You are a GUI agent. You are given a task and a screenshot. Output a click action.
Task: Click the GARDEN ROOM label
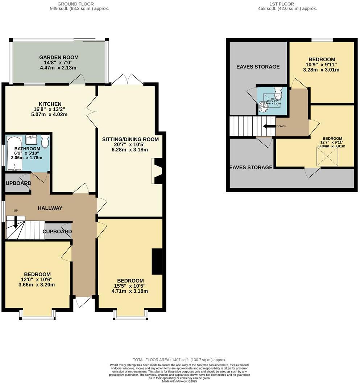(59, 57)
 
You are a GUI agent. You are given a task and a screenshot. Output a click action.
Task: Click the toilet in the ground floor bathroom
(45, 141)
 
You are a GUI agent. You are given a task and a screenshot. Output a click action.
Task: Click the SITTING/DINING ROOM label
(131, 139)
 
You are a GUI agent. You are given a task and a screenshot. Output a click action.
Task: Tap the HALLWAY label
(50, 208)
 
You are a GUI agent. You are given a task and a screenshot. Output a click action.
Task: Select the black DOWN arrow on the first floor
(269, 126)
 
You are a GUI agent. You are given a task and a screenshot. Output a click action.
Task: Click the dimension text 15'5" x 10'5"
(131, 286)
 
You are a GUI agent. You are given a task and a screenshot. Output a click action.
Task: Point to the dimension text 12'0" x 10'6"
(37, 280)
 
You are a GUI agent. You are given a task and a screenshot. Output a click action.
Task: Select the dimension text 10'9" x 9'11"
(322, 65)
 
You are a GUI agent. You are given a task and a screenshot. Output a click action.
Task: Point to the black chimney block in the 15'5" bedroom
(157, 261)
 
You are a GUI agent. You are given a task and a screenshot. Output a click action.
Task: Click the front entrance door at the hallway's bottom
(83, 301)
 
